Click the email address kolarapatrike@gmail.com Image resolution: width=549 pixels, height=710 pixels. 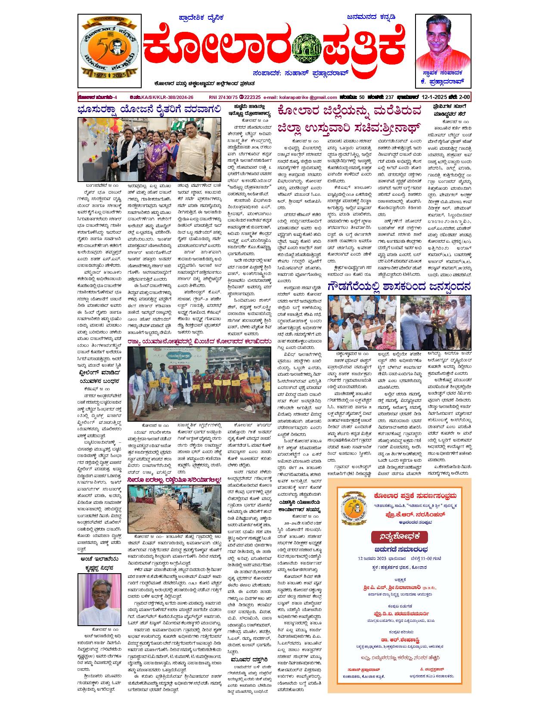click(300, 97)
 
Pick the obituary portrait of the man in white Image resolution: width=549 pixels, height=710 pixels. click(99, 600)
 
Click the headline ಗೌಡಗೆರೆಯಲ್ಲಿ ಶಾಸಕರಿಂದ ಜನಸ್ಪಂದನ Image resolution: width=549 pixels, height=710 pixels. click(399, 287)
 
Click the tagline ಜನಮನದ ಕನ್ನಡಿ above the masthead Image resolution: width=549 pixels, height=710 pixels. click(371, 18)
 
